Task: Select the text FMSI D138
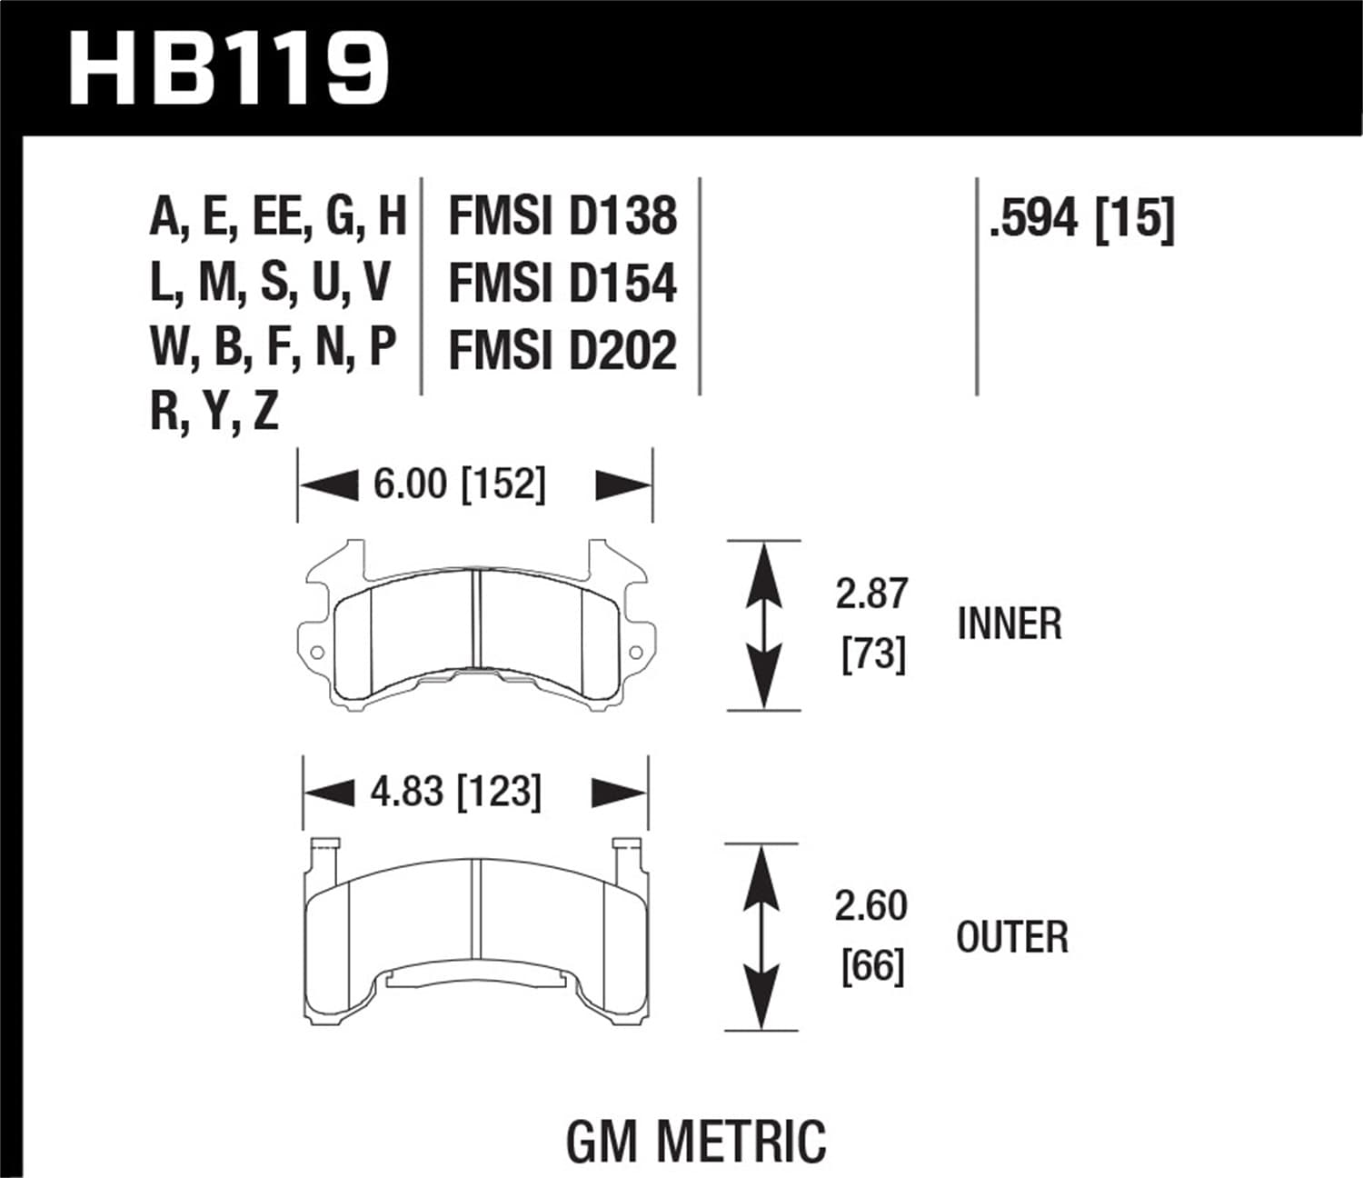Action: point(562,216)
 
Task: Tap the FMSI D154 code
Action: point(562,283)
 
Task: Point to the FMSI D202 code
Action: point(562,350)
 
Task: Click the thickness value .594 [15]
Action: point(1081,218)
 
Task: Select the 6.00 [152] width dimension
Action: point(459,484)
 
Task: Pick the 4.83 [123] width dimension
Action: point(455,792)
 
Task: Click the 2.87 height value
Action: point(871,594)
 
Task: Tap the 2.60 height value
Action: point(871,905)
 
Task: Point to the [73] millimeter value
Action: point(873,654)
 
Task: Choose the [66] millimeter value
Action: point(872,965)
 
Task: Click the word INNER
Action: point(1009,624)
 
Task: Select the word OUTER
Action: point(1011,937)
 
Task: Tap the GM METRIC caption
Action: point(696,1141)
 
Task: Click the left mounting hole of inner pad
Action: point(317,653)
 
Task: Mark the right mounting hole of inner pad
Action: point(635,652)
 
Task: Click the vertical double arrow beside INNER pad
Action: point(763,625)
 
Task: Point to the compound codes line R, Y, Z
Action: point(214,412)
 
